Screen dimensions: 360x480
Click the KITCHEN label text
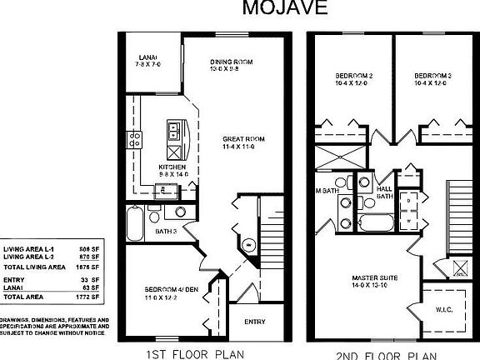point(171,167)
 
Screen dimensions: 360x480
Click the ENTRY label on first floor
point(254,321)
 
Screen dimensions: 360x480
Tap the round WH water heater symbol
point(247,245)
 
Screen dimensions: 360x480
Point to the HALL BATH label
point(384,192)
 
